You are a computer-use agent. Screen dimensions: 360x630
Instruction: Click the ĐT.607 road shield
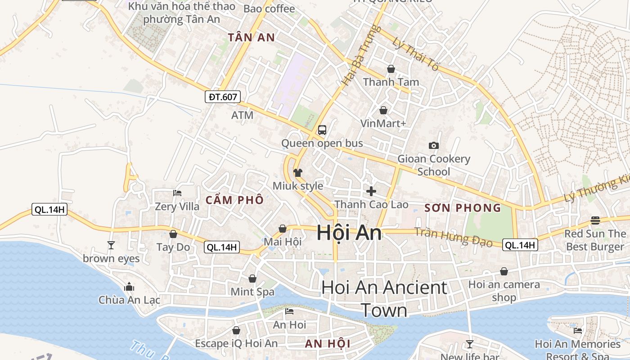(x=223, y=96)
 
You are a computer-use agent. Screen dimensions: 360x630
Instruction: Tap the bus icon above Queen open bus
(x=322, y=130)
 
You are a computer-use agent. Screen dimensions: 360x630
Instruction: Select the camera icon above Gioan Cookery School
(x=434, y=145)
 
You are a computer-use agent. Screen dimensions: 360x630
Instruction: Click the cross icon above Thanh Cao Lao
(x=371, y=191)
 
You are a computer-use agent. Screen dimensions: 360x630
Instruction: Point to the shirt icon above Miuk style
(x=297, y=172)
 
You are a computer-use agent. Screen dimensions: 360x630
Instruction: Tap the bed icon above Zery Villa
(x=177, y=193)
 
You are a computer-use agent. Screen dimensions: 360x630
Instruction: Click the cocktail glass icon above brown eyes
(x=111, y=245)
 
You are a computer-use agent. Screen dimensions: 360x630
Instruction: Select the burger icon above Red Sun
(x=595, y=220)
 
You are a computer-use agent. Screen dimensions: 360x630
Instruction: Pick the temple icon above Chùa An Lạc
(x=129, y=287)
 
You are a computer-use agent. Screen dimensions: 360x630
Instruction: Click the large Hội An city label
(x=349, y=233)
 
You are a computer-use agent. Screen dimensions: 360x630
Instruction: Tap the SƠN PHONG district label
(x=463, y=208)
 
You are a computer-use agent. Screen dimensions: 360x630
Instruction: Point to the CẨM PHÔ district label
(x=234, y=200)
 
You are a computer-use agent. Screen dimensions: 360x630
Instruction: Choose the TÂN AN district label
(x=251, y=37)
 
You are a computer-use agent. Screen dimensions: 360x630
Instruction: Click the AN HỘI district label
(x=328, y=344)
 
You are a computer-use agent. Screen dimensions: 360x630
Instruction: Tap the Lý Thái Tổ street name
(x=415, y=54)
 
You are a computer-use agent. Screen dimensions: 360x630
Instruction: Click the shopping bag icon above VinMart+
(x=383, y=110)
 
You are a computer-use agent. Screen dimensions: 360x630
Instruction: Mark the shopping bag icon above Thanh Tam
(x=391, y=69)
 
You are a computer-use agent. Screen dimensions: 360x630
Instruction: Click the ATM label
(x=242, y=115)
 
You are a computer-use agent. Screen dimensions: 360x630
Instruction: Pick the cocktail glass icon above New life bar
(x=470, y=344)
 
